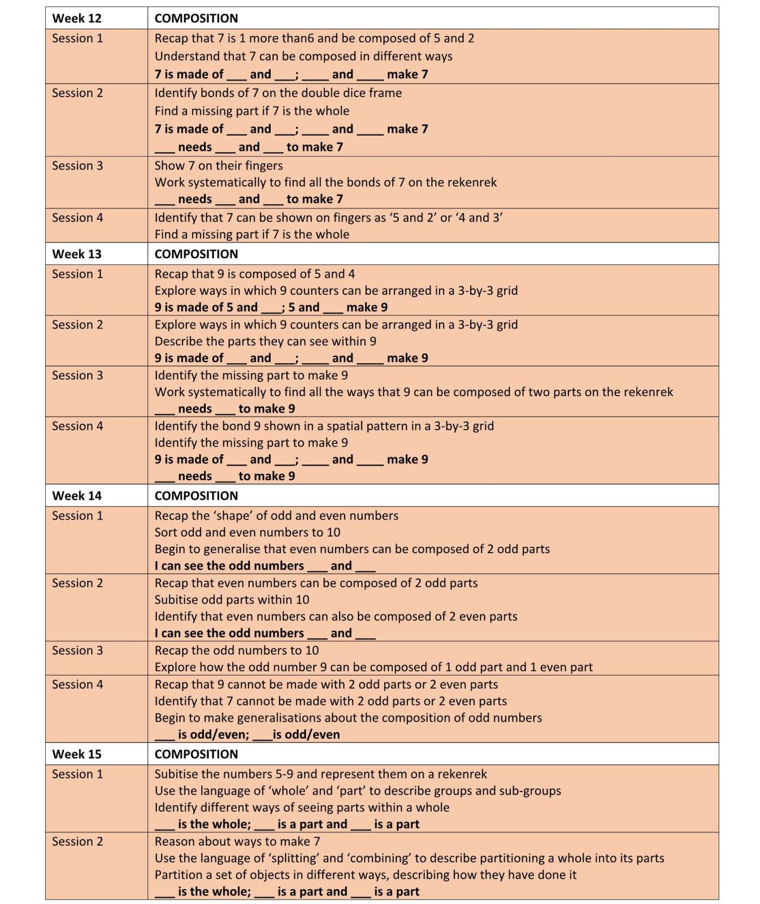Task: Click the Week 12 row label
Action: click(x=76, y=18)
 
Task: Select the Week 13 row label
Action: click(x=76, y=254)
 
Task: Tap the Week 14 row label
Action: click(x=76, y=496)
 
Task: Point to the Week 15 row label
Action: click(x=76, y=754)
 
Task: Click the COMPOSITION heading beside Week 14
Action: click(x=196, y=496)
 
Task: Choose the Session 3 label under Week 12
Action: click(x=77, y=166)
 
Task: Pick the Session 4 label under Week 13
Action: click(x=77, y=426)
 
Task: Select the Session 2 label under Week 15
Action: click(x=77, y=841)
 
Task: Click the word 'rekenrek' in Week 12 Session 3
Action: click(x=472, y=182)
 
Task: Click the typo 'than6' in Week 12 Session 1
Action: click(x=298, y=38)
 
